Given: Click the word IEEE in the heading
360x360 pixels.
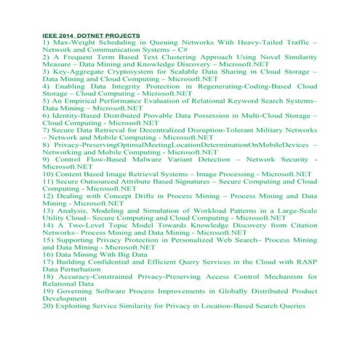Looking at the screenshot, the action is pyautogui.click(x=49, y=35).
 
